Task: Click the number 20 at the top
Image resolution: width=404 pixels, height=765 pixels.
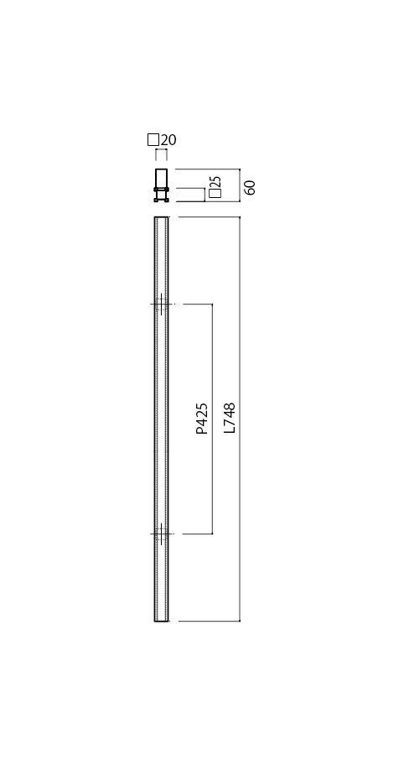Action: (x=168, y=141)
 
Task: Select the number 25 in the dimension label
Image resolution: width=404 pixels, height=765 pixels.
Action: (x=217, y=181)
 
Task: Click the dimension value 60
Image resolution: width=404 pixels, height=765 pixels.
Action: (x=250, y=187)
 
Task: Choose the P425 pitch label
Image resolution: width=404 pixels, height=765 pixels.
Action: (x=202, y=419)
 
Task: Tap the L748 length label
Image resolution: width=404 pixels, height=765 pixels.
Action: (x=230, y=418)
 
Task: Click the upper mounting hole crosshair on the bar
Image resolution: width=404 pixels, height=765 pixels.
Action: (x=161, y=304)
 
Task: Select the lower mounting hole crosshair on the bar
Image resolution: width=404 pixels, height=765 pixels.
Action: (x=161, y=533)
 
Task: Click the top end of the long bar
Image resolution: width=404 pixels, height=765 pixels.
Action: (x=161, y=217)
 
